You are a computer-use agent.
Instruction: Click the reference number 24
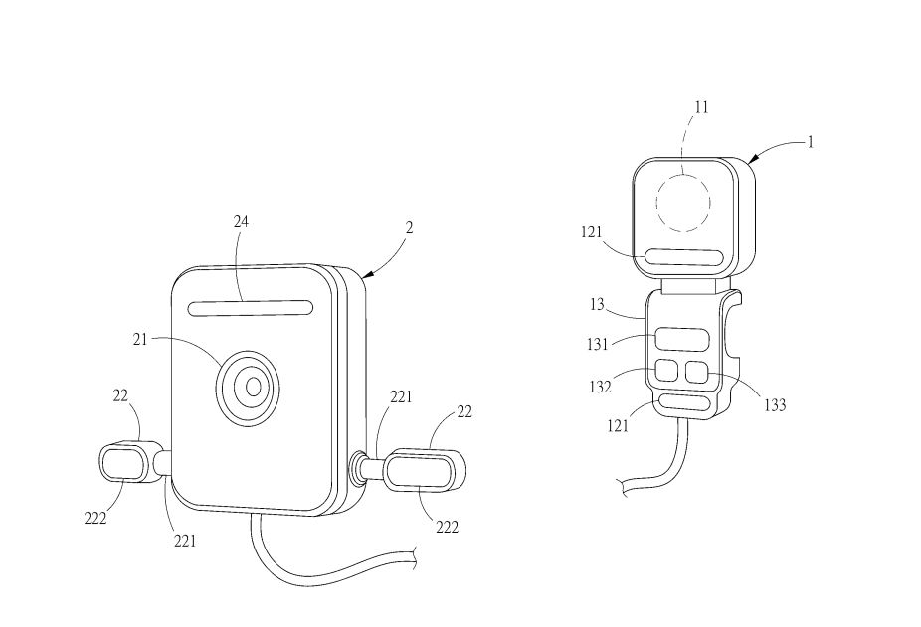click(x=241, y=222)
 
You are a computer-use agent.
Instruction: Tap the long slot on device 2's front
click(x=248, y=308)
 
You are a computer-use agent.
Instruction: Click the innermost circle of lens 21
click(x=254, y=386)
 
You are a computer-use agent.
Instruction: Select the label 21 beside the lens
click(x=140, y=339)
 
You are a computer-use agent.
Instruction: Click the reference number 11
click(x=701, y=107)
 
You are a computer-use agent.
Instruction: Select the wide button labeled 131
click(x=679, y=339)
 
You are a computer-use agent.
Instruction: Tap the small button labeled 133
click(x=697, y=374)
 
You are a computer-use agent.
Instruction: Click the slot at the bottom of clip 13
click(x=681, y=402)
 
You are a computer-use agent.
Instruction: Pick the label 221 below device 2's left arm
click(x=185, y=541)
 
